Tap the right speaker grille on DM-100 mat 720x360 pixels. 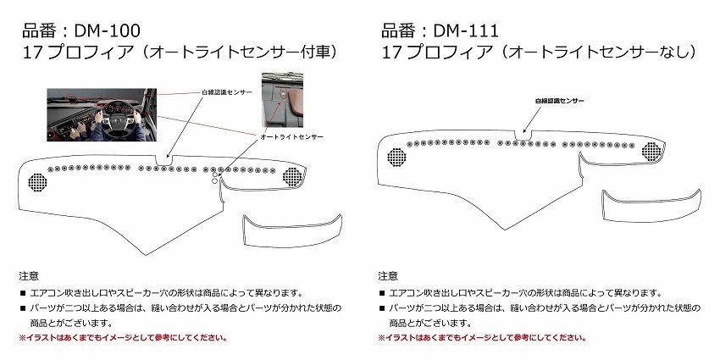click(x=292, y=176)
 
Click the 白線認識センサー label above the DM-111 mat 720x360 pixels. click(x=559, y=101)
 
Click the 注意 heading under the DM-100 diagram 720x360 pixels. click(x=28, y=276)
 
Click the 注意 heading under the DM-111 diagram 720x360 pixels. click(x=386, y=276)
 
